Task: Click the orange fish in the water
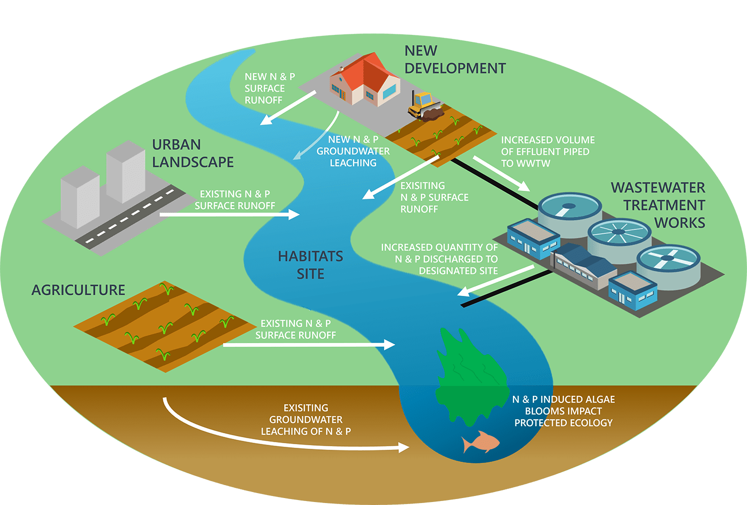coord(481,442)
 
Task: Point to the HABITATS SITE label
coord(310,265)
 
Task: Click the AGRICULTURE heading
coord(78,290)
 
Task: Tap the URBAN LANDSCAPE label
coord(193,153)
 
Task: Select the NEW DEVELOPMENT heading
coord(455,60)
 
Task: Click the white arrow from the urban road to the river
coord(229,215)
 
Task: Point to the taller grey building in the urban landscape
coord(125,172)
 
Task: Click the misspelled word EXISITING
coord(306,408)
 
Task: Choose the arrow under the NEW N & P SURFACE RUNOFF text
coord(288,108)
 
